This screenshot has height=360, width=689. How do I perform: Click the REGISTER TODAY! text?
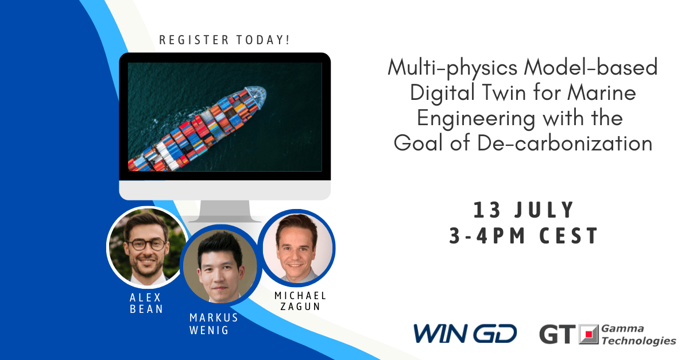click(x=224, y=40)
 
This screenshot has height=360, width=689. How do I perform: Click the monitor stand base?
click(x=224, y=216)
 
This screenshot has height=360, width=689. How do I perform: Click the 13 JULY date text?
click(x=524, y=210)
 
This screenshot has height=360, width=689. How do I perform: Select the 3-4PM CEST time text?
click(x=524, y=235)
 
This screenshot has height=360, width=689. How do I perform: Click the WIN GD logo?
click(x=465, y=334)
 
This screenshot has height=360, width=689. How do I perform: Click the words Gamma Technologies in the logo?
click(x=638, y=334)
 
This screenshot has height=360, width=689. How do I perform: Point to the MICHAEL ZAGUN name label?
click(x=300, y=301)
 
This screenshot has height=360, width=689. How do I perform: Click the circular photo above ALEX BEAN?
click(x=147, y=246)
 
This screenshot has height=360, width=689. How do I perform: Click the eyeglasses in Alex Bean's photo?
click(x=145, y=243)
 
